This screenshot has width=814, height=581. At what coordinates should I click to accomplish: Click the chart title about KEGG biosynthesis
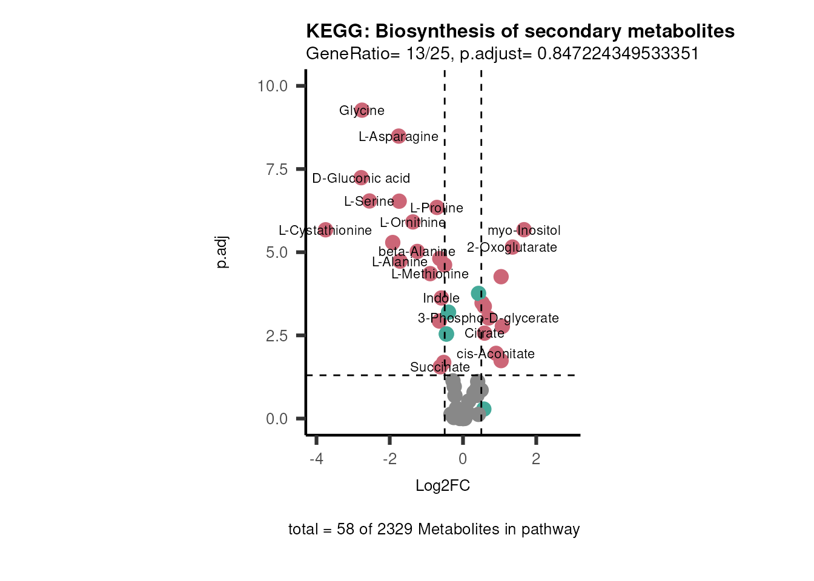click(x=520, y=31)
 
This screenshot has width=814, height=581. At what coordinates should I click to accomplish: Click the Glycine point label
click(x=362, y=111)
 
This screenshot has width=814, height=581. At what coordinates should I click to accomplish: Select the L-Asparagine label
click(x=398, y=137)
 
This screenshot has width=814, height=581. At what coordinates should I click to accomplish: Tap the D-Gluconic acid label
click(x=361, y=179)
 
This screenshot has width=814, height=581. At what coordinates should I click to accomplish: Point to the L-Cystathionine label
click(x=325, y=231)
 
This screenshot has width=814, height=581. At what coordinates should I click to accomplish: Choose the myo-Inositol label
click(x=524, y=231)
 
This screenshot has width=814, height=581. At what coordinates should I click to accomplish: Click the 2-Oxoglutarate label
click(x=512, y=248)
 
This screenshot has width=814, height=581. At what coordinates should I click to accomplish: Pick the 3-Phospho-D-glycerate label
click(x=488, y=318)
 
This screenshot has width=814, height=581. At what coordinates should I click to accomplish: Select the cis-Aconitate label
click(x=495, y=354)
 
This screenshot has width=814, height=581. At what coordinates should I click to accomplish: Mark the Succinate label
click(x=440, y=367)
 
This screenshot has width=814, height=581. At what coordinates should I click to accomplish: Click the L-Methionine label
click(x=430, y=274)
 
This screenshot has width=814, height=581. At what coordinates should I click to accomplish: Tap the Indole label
click(x=441, y=298)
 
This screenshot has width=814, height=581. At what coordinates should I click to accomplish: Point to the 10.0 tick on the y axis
click(x=273, y=86)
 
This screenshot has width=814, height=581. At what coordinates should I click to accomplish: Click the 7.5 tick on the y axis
click(x=277, y=169)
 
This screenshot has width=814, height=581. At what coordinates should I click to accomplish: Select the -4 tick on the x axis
click(x=316, y=459)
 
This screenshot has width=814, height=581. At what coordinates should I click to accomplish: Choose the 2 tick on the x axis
click(x=536, y=459)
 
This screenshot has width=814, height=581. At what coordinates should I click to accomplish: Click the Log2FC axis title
click(x=443, y=486)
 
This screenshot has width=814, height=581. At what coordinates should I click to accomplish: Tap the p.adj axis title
click(x=222, y=252)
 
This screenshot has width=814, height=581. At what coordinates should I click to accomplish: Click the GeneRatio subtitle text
click(x=502, y=54)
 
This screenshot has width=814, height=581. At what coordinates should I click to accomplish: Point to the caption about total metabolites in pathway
click(x=434, y=530)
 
